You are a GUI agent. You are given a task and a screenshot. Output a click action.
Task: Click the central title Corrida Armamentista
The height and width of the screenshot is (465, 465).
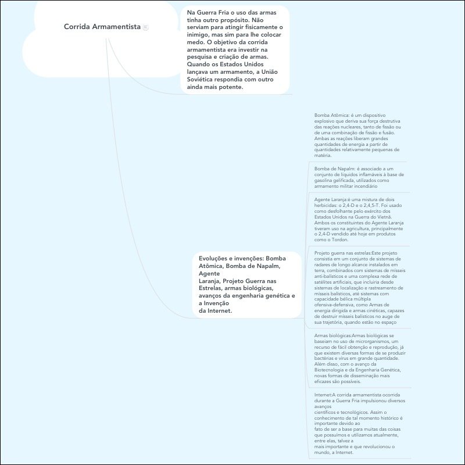[102, 27]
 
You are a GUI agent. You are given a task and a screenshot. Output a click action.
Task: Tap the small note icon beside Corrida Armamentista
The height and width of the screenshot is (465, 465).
[145, 27]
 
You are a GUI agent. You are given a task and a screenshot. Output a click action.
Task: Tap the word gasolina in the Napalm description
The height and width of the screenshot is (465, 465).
[325, 180]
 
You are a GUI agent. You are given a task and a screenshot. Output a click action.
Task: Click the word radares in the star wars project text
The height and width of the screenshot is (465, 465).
[324, 265]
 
